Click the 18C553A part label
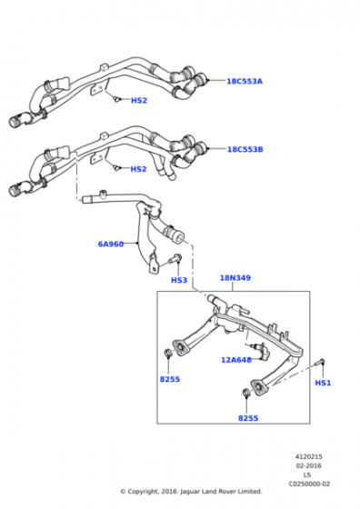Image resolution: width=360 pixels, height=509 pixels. coord(245,81)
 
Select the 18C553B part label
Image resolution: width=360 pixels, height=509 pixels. coord(245,148)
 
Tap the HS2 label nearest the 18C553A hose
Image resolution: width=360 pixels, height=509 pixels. coord(138,101)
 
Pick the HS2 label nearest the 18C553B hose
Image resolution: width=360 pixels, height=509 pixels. coord(138,169)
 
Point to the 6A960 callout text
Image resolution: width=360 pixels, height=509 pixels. coord(111,244)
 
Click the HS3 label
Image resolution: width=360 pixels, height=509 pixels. coord(179,280)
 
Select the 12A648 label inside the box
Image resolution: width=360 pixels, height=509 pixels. coord(236,360)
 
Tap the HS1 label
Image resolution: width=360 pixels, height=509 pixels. coord(323,383)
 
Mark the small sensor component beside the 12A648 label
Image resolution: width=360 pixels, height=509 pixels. coord(262,350)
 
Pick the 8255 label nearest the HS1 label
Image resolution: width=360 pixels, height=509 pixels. coord(248,418)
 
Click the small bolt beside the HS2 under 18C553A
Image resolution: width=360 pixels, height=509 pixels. coord(115,97)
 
